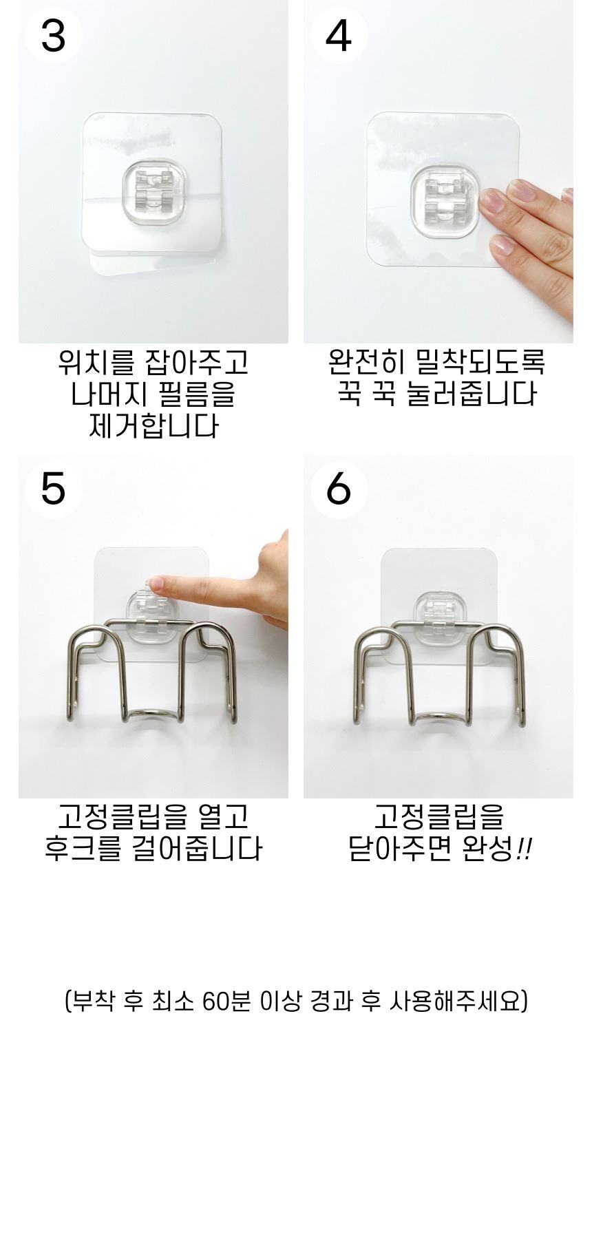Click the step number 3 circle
53,35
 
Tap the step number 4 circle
339,35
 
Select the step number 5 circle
53,489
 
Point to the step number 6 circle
339,489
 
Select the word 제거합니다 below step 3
154,427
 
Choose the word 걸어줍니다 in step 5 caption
195,849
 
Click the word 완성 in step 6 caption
489,849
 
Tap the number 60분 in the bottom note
227,1001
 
